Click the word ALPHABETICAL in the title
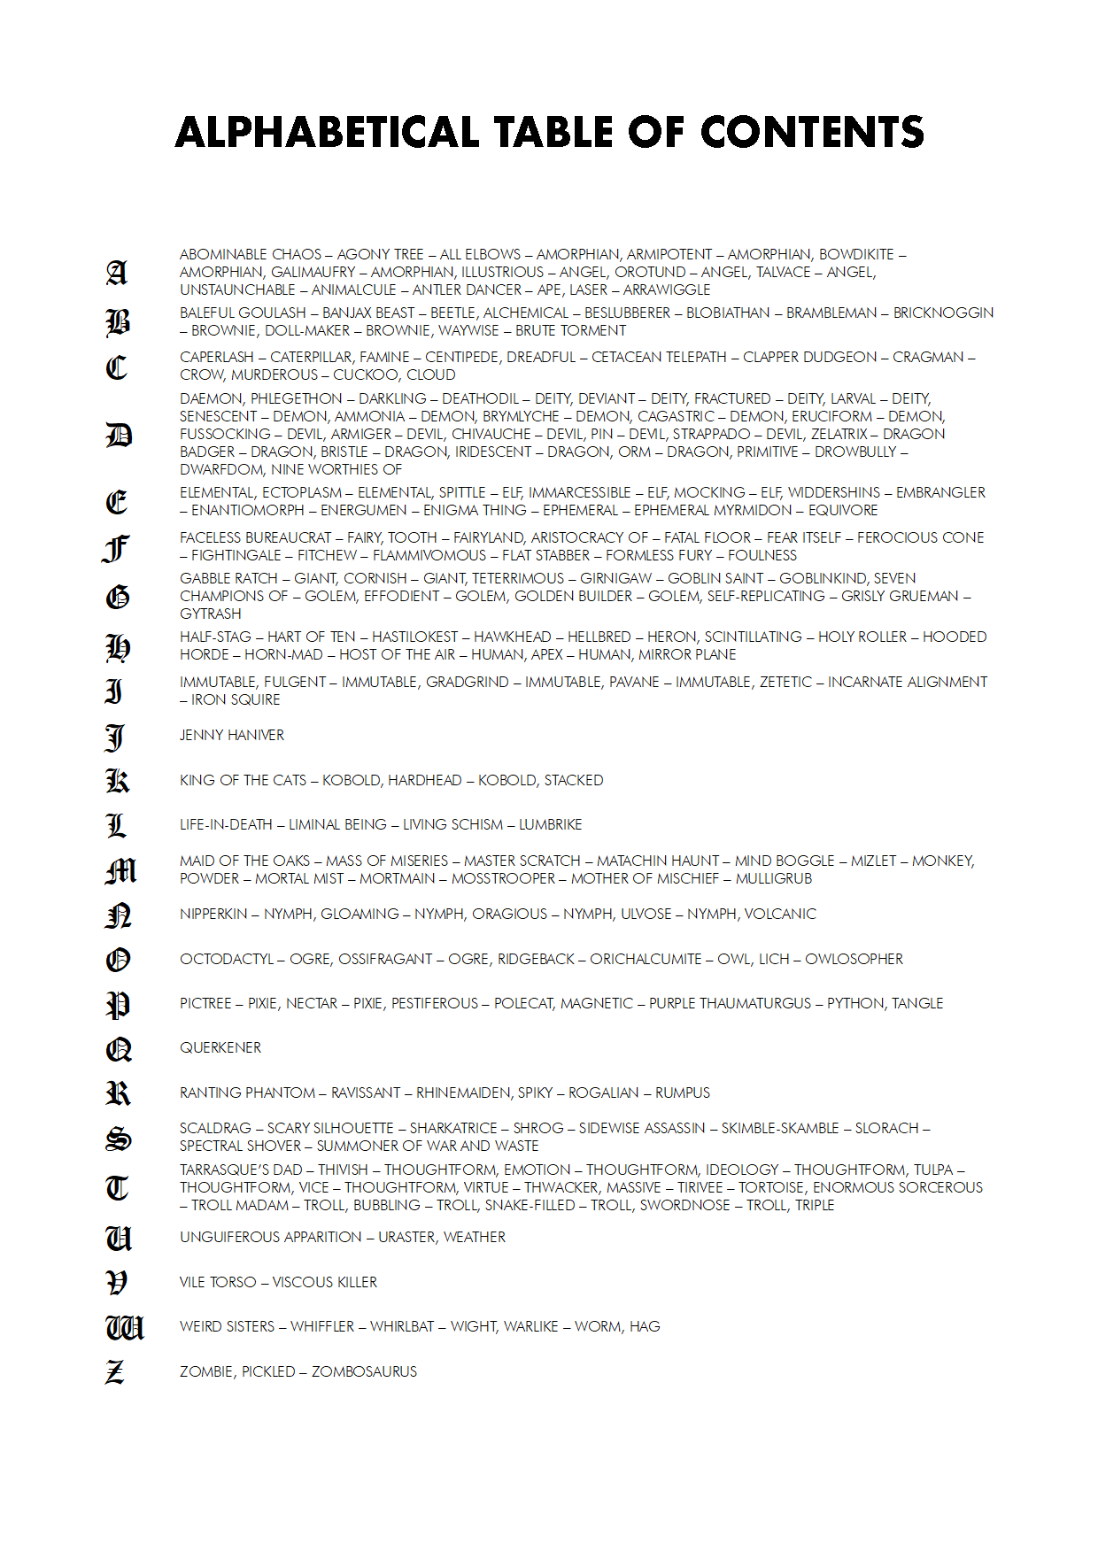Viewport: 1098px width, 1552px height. pyautogui.click(x=327, y=133)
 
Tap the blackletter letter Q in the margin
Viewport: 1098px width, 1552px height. pyautogui.click(x=119, y=1049)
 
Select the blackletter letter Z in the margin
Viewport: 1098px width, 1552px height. pyautogui.click(x=115, y=1372)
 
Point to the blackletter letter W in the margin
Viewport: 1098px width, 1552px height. pyautogui.click(x=124, y=1327)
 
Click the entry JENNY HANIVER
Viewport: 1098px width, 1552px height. pyautogui.click(x=232, y=736)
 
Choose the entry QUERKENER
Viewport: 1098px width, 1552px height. pyautogui.click(x=220, y=1048)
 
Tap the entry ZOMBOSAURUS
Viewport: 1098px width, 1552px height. pyautogui.click(x=364, y=1372)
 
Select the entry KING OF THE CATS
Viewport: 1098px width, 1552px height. pyautogui.click(x=243, y=781)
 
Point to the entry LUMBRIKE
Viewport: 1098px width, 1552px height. pyautogui.click(x=551, y=825)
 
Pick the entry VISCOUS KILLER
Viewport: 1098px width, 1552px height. pyautogui.click(x=325, y=1283)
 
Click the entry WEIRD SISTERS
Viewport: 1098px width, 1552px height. pyautogui.click(x=227, y=1327)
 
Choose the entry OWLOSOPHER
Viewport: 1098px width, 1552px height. pyautogui.click(x=854, y=960)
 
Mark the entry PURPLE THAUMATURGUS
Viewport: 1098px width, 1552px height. pyautogui.click(x=730, y=1004)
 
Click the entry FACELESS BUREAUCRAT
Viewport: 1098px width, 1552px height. pyautogui.click(x=255, y=538)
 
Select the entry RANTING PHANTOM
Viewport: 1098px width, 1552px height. pyautogui.click(x=247, y=1093)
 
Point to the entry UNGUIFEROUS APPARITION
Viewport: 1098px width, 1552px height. pyautogui.click(x=270, y=1238)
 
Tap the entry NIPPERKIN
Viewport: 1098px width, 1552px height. pyautogui.click(x=213, y=915)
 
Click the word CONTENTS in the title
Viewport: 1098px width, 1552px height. pyautogui.click(x=812, y=133)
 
